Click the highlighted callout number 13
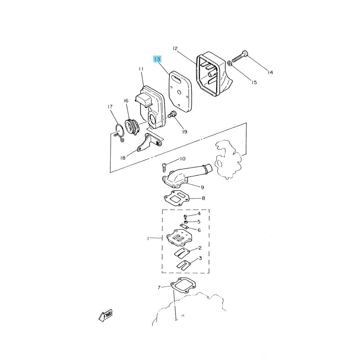click(x=157, y=59)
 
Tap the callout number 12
click(x=175, y=48)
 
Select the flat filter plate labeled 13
click(x=180, y=92)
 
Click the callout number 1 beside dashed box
click(x=148, y=238)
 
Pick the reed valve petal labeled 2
click(x=182, y=253)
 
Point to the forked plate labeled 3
click(x=183, y=265)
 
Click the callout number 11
click(x=141, y=69)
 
